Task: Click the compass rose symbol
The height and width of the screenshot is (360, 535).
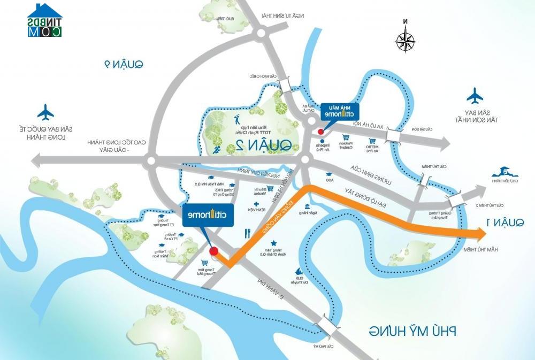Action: (406, 40)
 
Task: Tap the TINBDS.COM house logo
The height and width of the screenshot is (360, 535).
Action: (45, 20)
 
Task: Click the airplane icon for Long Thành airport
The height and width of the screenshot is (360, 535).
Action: (46, 113)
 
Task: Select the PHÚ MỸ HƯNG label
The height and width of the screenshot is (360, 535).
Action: (411, 331)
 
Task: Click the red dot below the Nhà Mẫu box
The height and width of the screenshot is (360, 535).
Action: (320, 132)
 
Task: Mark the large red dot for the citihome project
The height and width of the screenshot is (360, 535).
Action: (213, 251)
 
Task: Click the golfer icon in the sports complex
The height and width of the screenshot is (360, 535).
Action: (238, 119)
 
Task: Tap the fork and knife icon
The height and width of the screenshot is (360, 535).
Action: (247, 233)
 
